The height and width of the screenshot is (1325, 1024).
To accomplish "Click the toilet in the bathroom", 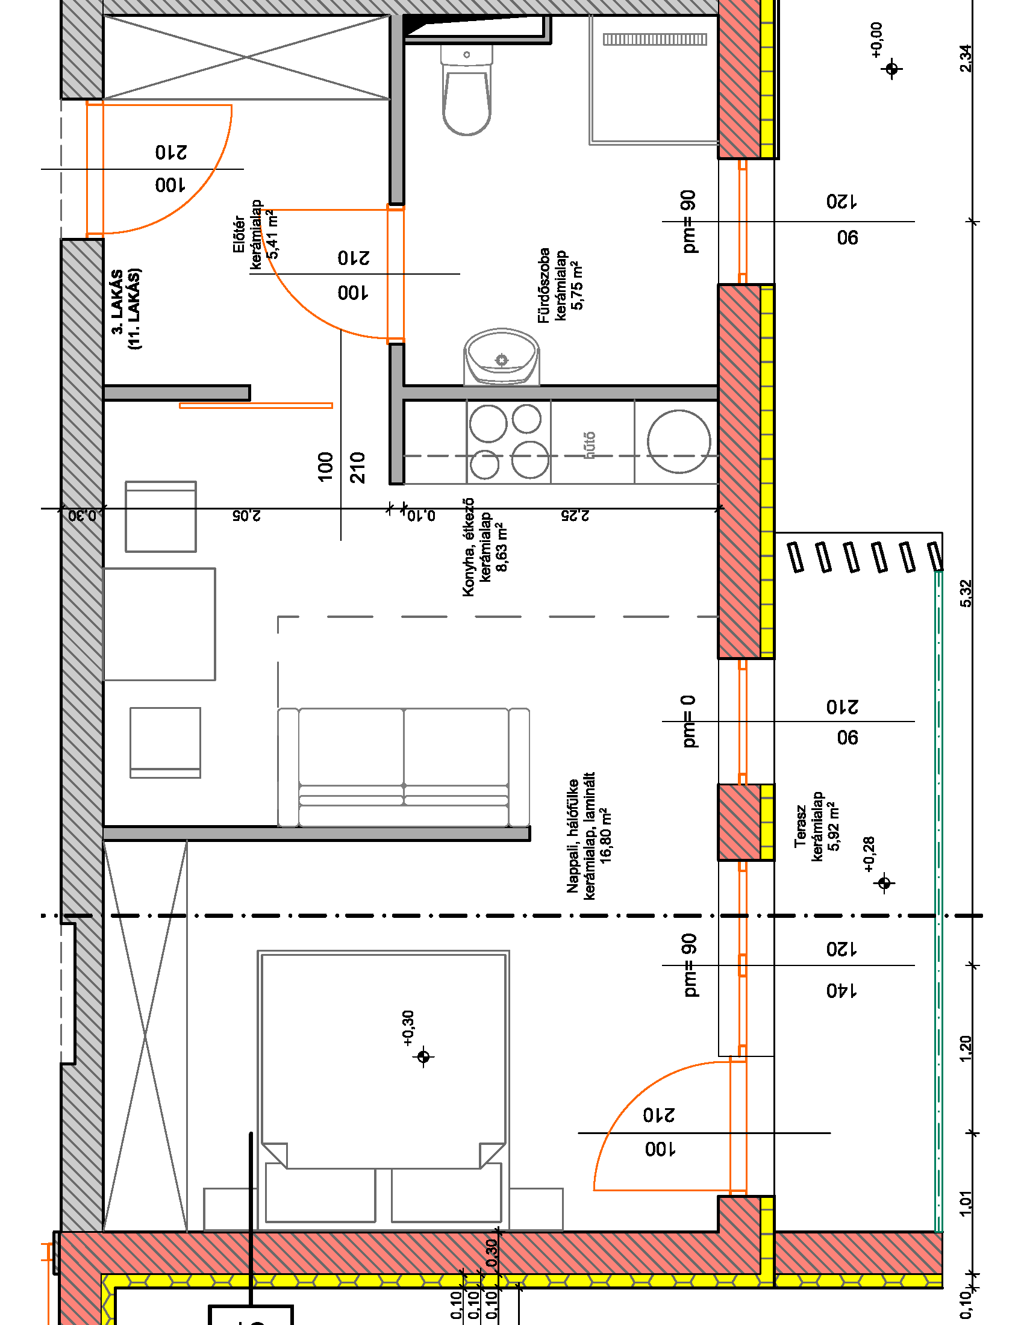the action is [x=466, y=91].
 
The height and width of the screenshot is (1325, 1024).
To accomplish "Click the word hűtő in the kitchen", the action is [x=589, y=444].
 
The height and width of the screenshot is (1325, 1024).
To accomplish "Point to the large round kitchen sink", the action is [x=678, y=441].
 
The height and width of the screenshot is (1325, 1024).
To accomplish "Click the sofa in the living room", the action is [x=404, y=767].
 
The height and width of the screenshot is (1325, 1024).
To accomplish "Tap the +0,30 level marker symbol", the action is [x=423, y=1057].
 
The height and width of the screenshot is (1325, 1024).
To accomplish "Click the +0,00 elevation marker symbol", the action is [x=891, y=69].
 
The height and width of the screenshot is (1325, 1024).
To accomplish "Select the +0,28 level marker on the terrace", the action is [x=884, y=883].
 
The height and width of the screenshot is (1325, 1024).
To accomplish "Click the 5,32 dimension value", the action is [x=966, y=593].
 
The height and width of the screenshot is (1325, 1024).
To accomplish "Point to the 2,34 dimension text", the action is [x=966, y=58].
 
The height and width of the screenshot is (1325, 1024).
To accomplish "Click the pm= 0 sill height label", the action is [x=688, y=721].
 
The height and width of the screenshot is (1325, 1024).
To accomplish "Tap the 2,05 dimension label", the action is [x=246, y=516].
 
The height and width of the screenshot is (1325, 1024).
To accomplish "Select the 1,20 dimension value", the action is [x=966, y=1049].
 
